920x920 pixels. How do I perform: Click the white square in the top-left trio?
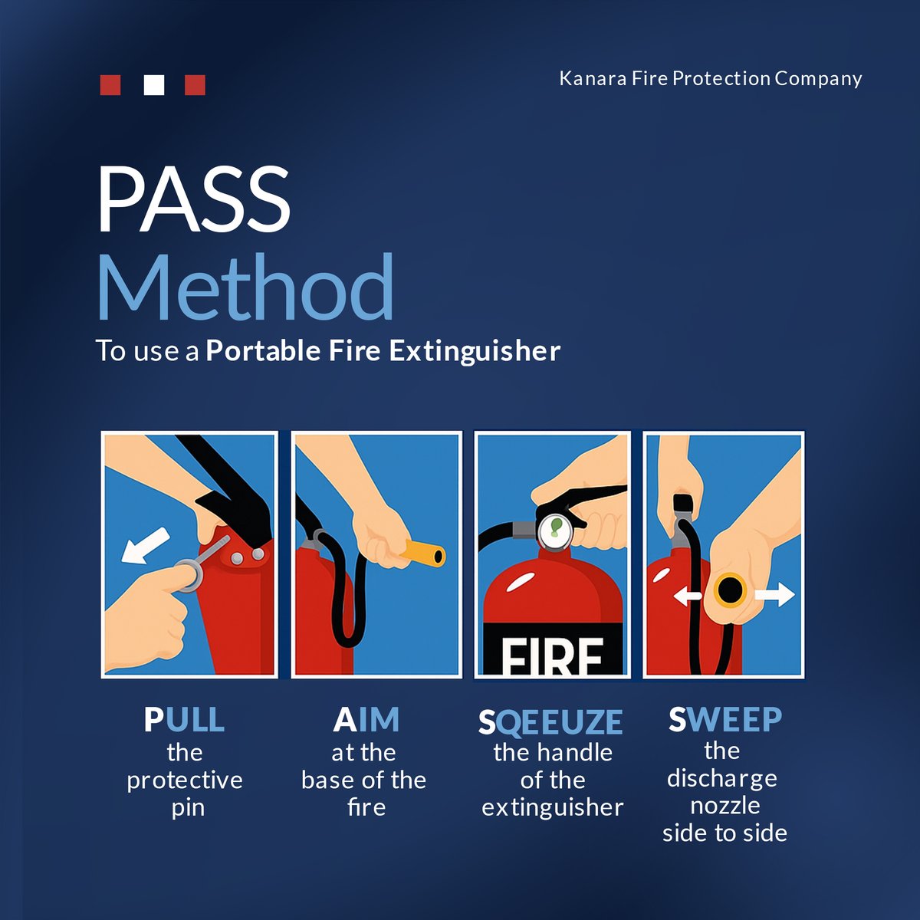click(154, 84)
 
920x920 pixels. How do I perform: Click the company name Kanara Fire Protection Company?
click(710, 78)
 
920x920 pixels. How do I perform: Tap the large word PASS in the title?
click(193, 201)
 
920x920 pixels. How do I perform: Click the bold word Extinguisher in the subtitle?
click(475, 351)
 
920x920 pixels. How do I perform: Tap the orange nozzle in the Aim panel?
click(424, 553)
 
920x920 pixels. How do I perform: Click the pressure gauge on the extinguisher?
click(554, 531)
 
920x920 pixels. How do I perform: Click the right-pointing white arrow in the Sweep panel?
click(775, 593)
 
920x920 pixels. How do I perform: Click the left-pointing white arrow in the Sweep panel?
click(688, 595)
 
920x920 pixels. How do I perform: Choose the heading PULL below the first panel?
click(184, 720)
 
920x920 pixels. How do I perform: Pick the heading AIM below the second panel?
click(366, 720)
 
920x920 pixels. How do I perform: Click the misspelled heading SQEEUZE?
click(550, 721)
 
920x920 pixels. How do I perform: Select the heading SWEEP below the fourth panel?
click(724, 719)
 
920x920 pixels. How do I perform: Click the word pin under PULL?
click(188, 808)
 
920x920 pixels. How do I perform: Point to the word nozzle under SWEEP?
click(724, 806)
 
